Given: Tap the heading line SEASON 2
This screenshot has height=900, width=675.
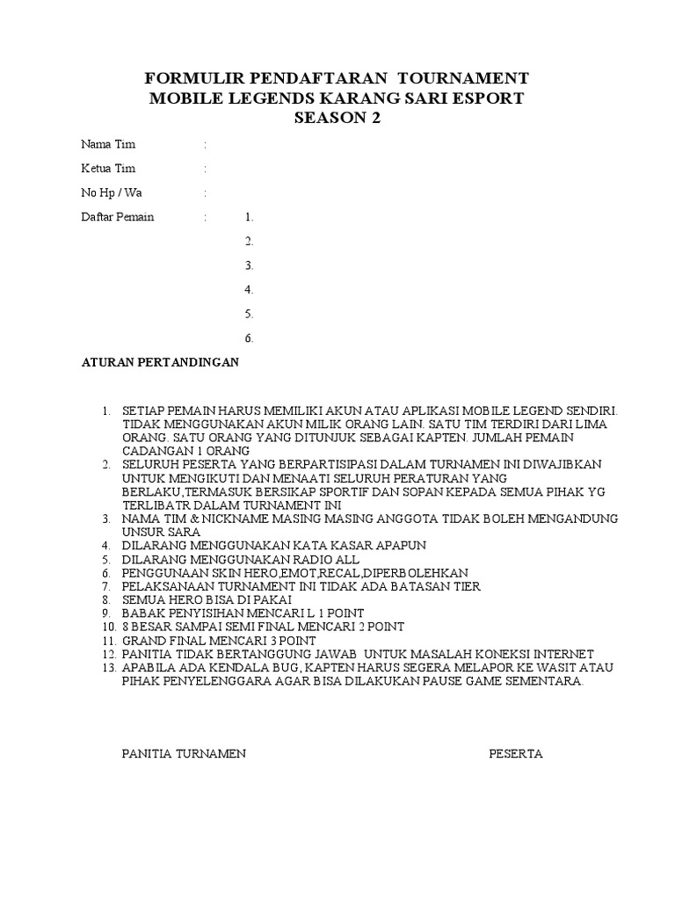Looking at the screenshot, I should point(337,119).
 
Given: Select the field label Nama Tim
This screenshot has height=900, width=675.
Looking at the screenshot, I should point(108,144).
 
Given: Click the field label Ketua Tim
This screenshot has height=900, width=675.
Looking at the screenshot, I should point(108,168).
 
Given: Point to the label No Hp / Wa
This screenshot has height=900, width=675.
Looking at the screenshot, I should point(112,192).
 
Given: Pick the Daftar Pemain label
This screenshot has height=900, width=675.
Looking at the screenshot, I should point(117,216).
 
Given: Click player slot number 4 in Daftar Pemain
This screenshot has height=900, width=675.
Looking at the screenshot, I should point(250,289).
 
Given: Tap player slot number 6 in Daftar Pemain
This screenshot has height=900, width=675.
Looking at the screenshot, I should point(250,337).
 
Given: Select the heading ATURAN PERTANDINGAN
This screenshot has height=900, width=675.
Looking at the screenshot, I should point(160,362).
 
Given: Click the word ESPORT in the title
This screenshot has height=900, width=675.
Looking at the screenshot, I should point(487,98).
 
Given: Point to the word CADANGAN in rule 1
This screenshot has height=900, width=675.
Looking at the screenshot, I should point(153,451).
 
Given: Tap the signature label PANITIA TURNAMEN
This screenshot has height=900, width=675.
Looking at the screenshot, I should point(183,754).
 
